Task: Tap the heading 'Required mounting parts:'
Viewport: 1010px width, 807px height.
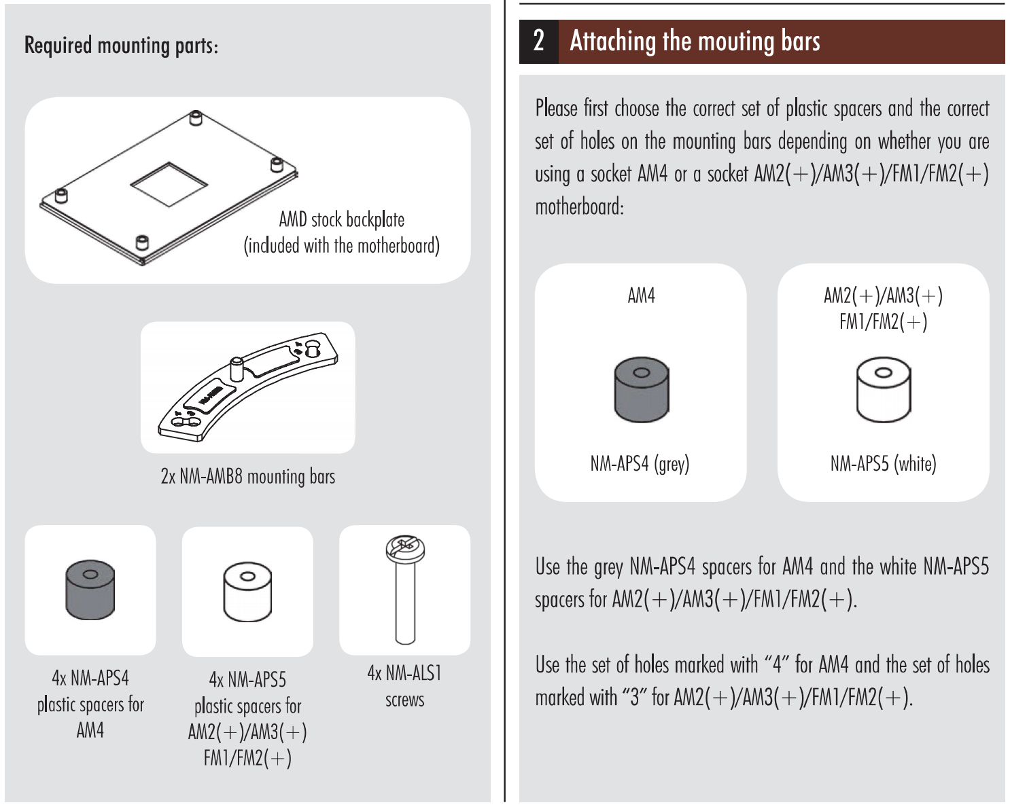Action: coord(121,46)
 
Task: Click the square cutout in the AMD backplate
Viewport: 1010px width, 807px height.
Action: coord(169,184)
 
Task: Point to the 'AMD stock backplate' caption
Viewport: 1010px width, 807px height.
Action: coord(342,219)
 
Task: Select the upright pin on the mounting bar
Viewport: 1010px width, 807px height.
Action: coord(236,370)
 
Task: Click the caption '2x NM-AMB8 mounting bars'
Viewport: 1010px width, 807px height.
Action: coord(248,477)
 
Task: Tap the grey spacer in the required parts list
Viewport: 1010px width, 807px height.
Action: coord(90,590)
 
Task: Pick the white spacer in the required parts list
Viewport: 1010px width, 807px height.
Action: coord(247,592)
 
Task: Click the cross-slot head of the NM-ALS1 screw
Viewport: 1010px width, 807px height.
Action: coord(405,549)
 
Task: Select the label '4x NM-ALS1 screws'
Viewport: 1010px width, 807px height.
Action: coord(404,686)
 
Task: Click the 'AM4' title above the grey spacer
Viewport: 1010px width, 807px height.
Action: coord(641,296)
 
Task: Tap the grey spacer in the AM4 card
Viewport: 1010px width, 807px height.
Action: coord(642,389)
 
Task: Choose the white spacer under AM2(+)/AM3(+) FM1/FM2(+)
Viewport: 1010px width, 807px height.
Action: coord(884,389)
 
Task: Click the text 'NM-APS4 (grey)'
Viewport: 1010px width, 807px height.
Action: coord(640,464)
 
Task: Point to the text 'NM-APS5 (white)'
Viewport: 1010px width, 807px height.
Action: coord(884,464)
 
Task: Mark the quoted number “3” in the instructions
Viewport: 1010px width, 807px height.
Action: coord(635,698)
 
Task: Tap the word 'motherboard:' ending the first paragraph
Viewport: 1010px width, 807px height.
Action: coord(580,207)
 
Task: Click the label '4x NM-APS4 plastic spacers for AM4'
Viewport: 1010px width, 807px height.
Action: coord(90,704)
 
